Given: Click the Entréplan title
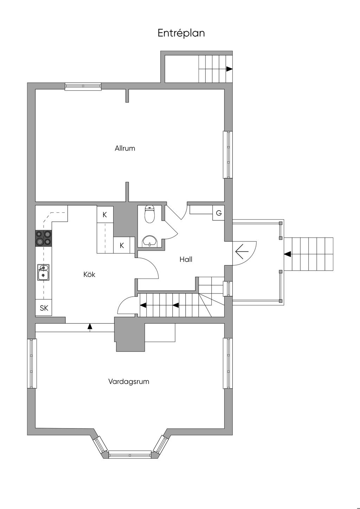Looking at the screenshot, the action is click(x=181, y=33).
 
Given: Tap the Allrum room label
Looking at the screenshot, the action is click(x=125, y=148).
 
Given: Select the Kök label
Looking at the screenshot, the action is click(x=89, y=275).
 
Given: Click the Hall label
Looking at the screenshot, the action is click(x=186, y=259).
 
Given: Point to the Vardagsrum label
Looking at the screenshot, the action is click(x=129, y=381).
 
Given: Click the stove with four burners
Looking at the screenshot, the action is click(x=43, y=238).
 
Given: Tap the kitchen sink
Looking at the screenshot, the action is click(x=43, y=272).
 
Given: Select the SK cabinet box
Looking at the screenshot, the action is click(x=44, y=308).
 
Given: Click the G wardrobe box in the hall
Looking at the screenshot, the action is click(x=219, y=213).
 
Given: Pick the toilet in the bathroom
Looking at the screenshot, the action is click(x=149, y=214).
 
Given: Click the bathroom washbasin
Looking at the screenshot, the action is click(x=149, y=241).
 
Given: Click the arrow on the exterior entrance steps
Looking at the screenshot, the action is click(x=288, y=254).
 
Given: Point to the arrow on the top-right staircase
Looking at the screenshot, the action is click(x=229, y=69).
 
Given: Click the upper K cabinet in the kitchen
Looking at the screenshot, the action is click(x=105, y=214).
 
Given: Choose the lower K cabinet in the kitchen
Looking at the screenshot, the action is click(x=122, y=245).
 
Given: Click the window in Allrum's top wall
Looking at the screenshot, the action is click(x=83, y=86).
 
